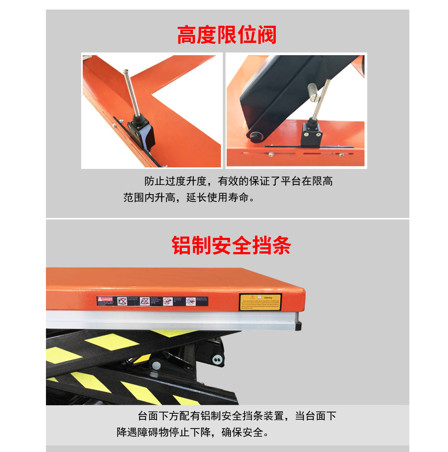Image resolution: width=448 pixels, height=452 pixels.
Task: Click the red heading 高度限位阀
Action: point(227,35)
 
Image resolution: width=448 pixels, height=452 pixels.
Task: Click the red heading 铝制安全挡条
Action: point(231,246)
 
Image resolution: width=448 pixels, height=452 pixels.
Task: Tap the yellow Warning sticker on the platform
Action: point(261,302)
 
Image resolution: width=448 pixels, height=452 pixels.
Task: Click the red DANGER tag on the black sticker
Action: point(105,299)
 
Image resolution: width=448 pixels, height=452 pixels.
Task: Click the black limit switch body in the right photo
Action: point(312,134)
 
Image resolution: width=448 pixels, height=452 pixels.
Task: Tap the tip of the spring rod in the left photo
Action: point(126,71)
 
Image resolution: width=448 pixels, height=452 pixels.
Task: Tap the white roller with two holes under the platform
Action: point(217,359)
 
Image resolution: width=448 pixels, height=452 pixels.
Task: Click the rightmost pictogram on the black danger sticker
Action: point(191,301)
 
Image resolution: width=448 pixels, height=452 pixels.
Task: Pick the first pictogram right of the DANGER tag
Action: point(122,301)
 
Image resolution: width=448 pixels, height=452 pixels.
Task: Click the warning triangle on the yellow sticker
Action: point(253,297)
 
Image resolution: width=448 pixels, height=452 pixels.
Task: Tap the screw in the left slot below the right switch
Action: point(271,154)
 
